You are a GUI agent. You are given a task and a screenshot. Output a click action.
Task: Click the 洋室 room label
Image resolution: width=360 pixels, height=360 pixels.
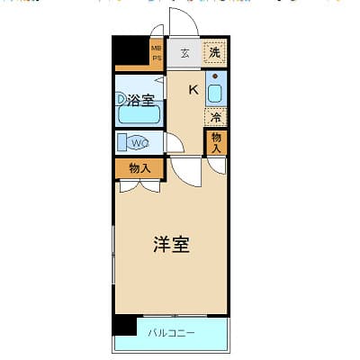pyautogui.click(x=171, y=244)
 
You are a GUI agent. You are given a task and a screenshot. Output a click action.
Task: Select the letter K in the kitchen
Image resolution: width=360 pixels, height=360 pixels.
pyautogui.click(x=193, y=88)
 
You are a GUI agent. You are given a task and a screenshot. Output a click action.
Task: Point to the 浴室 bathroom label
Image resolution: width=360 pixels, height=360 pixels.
pyautogui.click(x=139, y=100)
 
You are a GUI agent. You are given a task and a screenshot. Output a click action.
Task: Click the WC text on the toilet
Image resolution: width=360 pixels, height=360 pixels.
pyautogui.click(x=139, y=141)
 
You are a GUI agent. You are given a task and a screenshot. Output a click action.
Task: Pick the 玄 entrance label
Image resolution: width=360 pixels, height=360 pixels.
pyautogui.click(x=184, y=53)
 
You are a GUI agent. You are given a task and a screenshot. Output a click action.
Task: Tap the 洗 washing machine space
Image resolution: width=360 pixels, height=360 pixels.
pyautogui.click(x=214, y=52)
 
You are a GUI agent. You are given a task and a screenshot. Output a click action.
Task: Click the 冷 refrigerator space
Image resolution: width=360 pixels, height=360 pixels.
pyautogui.click(x=216, y=116)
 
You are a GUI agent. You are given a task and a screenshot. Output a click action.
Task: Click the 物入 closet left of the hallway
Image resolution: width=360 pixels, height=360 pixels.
pyautogui.click(x=139, y=167)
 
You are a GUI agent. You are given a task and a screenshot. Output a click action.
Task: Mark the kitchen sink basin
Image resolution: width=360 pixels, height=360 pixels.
pyautogui.click(x=216, y=92)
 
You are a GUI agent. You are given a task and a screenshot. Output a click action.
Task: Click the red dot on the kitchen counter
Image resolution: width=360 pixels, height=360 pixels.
pyautogui.click(x=215, y=76)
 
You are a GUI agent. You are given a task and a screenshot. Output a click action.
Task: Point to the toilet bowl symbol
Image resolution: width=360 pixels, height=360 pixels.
pyautogui.click(x=124, y=141)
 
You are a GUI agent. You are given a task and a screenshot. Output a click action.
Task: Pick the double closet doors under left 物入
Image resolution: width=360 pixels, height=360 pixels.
pyautogui.click(x=139, y=185)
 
